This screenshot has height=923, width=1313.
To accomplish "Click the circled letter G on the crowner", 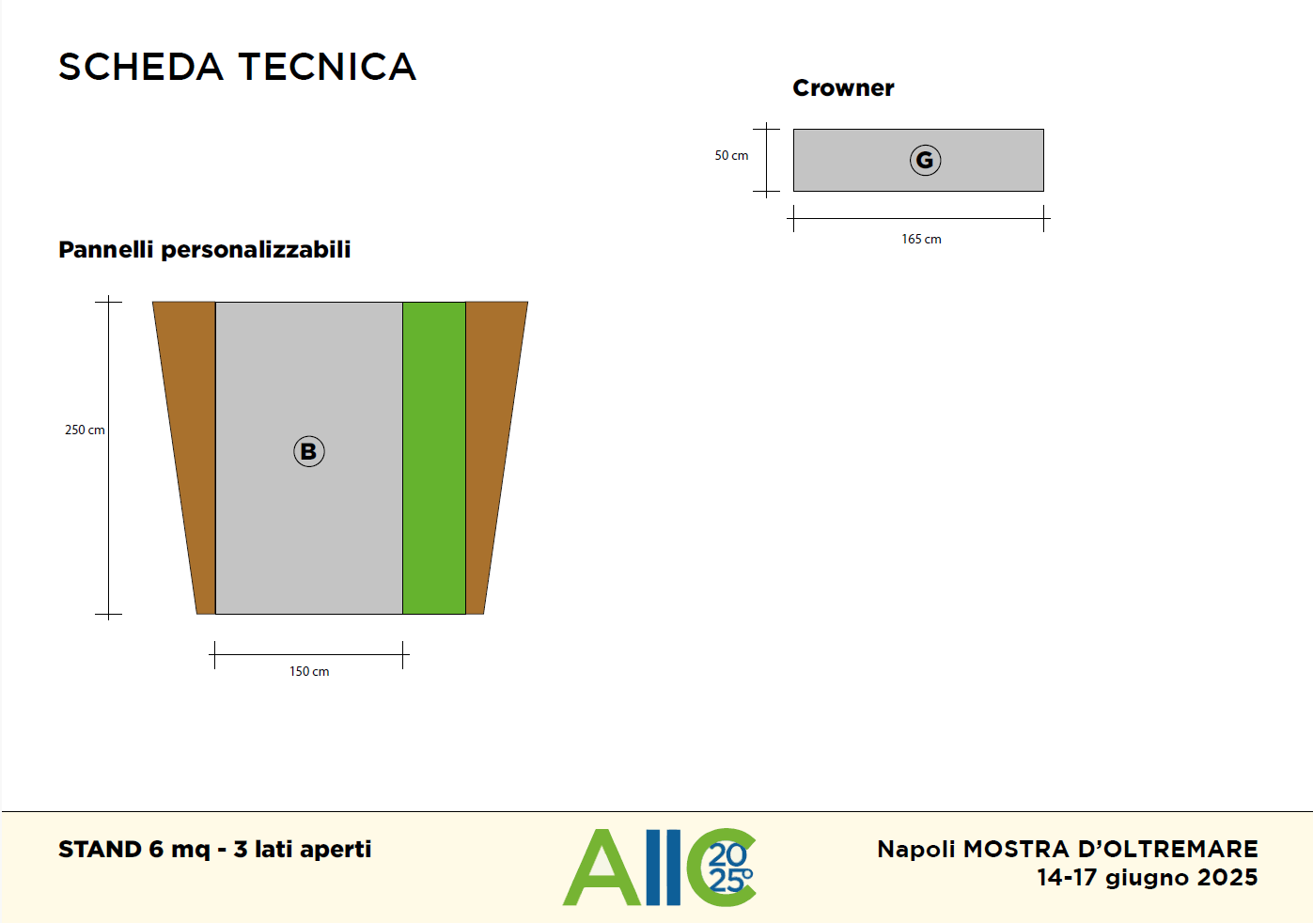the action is click(925, 160).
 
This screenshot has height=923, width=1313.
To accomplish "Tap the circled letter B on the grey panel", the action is click(309, 451).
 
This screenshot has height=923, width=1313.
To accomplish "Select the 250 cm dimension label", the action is click(85, 430).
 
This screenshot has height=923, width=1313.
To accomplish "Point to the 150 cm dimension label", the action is click(309, 672).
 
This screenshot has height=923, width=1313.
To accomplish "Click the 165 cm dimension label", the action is click(921, 239).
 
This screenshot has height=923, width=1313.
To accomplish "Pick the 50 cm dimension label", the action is click(731, 155).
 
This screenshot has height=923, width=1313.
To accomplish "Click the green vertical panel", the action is click(434, 459).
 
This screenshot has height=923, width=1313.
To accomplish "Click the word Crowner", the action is click(843, 88).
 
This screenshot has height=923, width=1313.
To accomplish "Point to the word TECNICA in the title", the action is click(327, 67).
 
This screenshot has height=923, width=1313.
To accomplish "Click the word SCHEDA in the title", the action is click(141, 67).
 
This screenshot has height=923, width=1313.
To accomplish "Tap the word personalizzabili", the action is click(256, 250).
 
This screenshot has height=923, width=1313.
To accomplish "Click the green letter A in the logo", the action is click(602, 868).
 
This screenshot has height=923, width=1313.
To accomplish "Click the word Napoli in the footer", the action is click(916, 850).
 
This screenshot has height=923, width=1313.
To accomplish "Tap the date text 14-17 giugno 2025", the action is click(1148, 878).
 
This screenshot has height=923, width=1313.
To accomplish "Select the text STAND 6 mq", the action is click(134, 850).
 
